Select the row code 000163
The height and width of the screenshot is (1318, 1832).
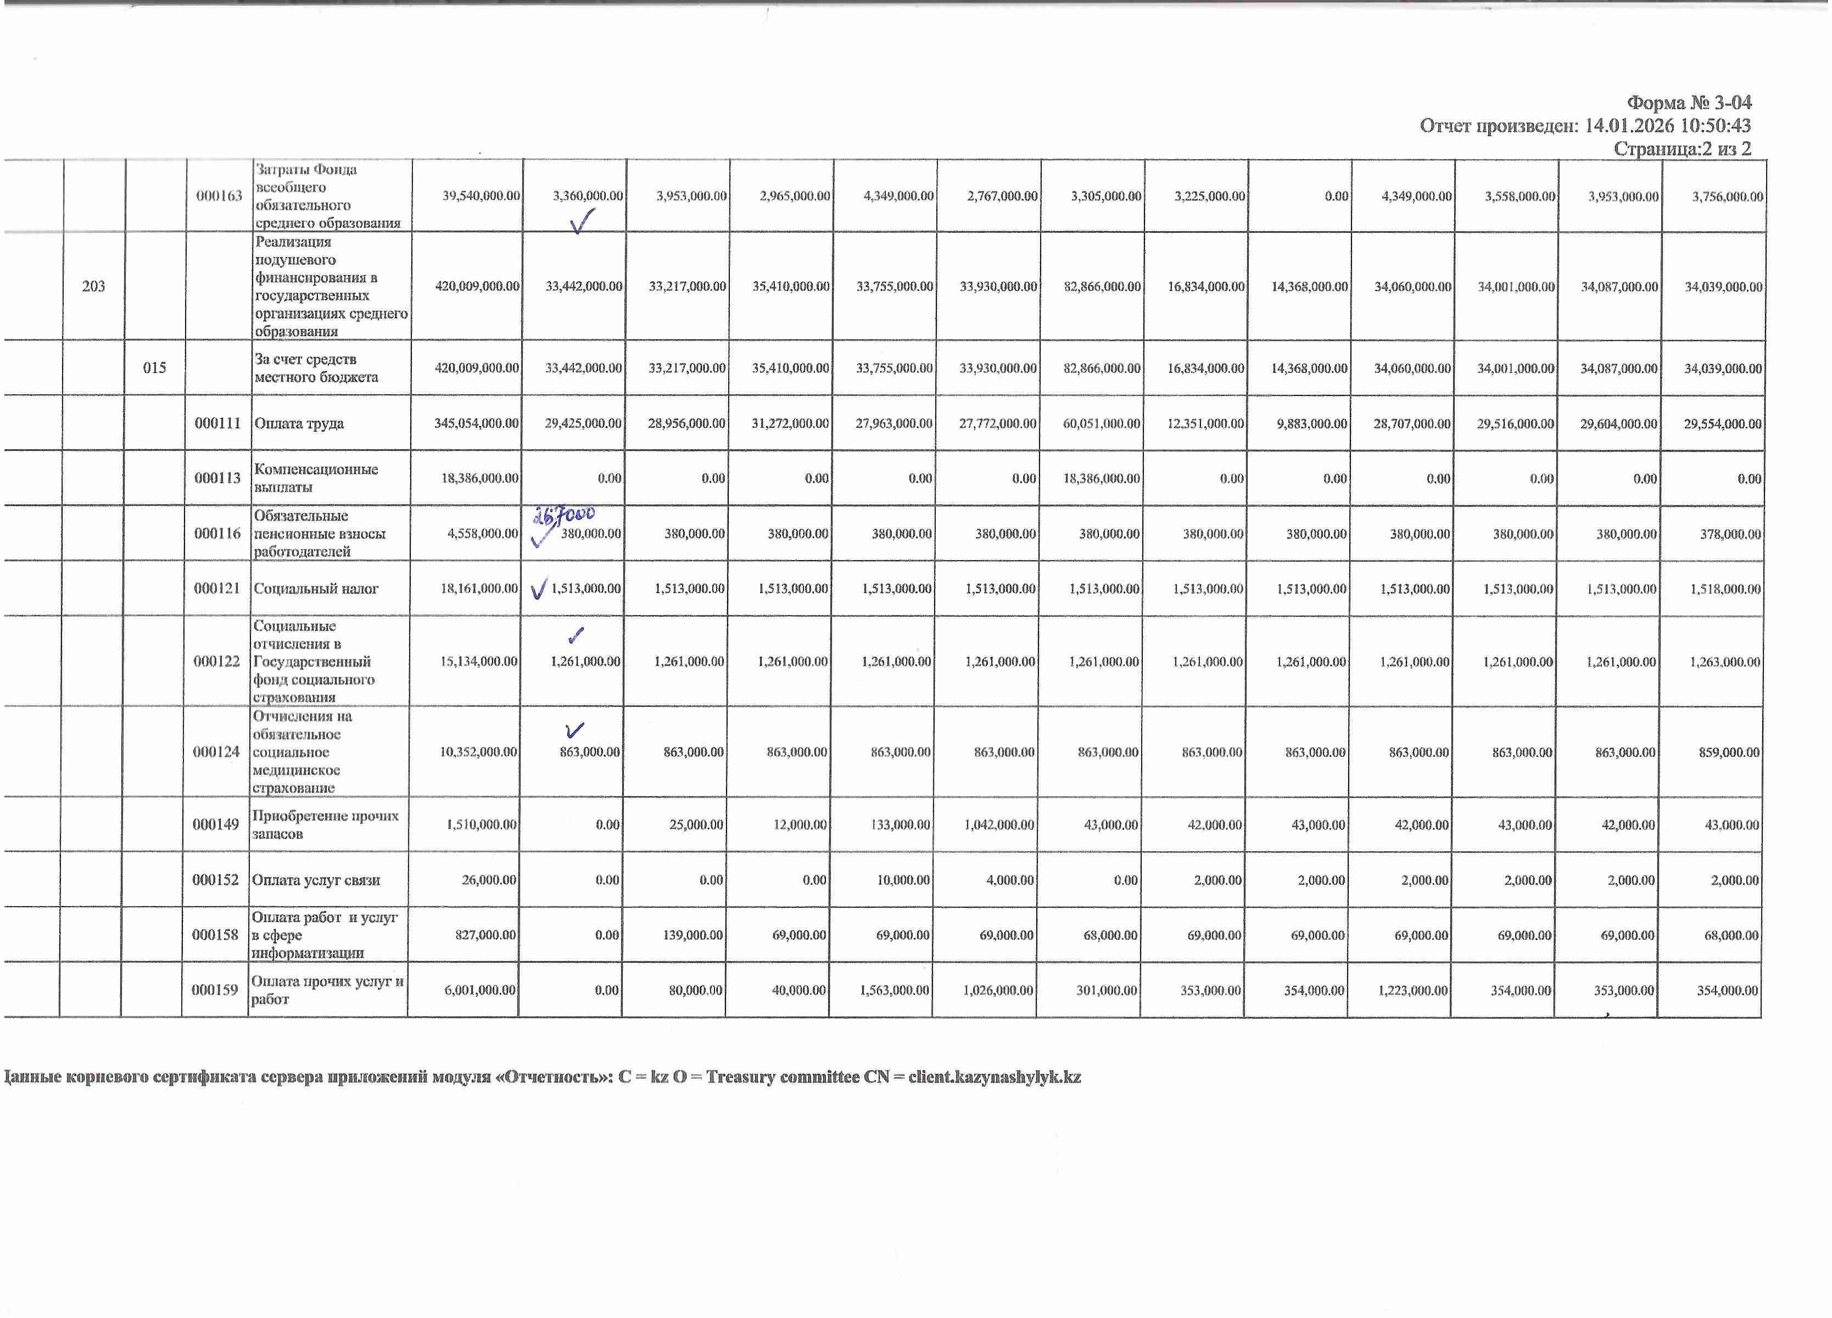click(219, 196)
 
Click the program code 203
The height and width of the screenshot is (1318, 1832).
click(94, 286)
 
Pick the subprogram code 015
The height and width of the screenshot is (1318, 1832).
click(154, 367)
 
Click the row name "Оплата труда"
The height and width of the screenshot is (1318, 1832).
click(299, 423)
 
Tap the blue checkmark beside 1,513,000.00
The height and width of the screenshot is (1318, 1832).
click(539, 589)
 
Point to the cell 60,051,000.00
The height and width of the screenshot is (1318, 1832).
click(1101, 423)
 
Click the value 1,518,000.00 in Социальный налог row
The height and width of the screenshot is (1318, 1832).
click(1724, 589)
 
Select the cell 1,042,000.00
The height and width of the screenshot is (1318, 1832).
click(998, 824)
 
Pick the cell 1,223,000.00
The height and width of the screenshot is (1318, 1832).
click(1413, 990)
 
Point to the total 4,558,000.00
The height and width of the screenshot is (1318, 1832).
click(482, 534)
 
